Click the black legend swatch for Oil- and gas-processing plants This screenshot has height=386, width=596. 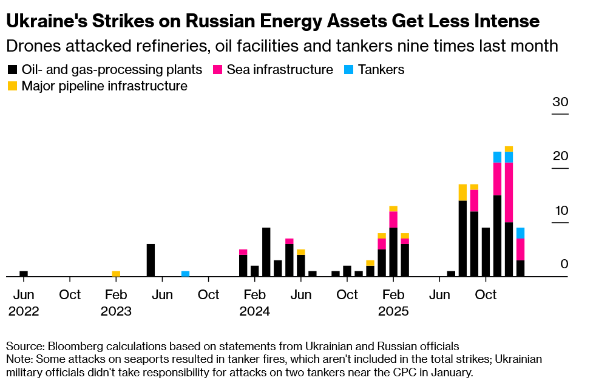tap(13, 70)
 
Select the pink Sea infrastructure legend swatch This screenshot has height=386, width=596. tap(218, 70)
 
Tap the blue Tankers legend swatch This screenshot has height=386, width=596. tap(349, 70)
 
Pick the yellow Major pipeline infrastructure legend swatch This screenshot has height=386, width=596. tap(13, 86)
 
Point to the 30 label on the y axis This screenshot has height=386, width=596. tap(560, 102)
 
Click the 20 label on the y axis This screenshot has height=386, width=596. tap(560, 156)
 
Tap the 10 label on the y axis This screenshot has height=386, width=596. tap(560, 211)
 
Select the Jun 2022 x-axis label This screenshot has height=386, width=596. tap(24, 303)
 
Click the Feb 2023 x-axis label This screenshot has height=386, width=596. tap(116, 303)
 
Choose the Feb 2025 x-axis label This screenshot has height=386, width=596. tap(393, 303)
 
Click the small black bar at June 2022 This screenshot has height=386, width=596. tap(24, 274)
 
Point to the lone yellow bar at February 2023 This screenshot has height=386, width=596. tap(116, 274)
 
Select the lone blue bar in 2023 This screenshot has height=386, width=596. tap(185, 274)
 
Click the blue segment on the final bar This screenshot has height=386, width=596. tap(520, 233)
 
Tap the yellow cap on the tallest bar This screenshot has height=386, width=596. tap(509, 149)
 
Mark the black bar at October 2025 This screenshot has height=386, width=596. tap(486, 252)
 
